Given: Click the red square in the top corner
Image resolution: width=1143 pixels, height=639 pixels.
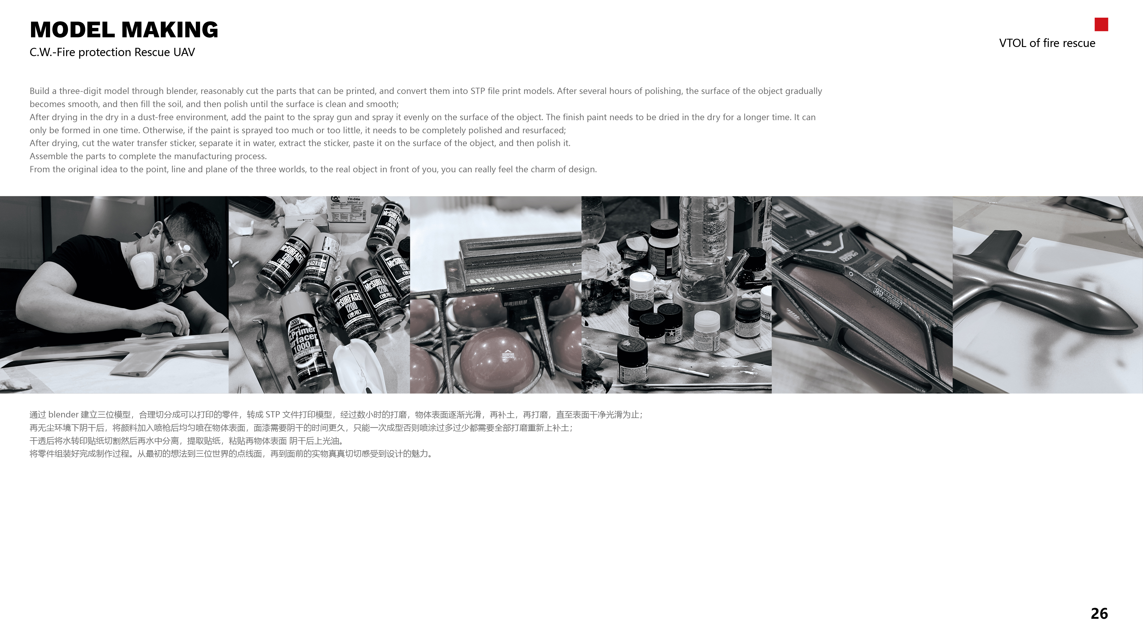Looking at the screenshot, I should (1101, 24).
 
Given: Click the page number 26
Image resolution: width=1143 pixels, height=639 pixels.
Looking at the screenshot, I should (1099, 613).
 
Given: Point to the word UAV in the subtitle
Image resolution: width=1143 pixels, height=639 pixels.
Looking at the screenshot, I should (184, 52).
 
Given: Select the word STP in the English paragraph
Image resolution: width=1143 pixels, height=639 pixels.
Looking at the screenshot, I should (477, 91).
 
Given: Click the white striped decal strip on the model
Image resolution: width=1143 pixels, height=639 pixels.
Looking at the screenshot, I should (519, 278).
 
